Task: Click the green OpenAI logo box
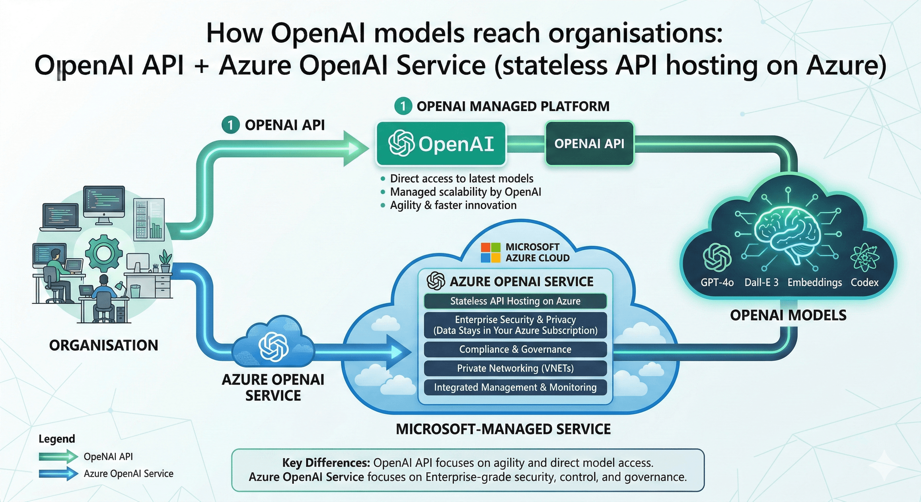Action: (441, 143)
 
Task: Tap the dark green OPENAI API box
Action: (589, 143)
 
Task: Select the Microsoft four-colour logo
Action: (490, 253)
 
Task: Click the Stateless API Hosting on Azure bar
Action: (515, 301)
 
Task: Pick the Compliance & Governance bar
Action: (515, 349)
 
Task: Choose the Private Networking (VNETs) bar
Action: (515, 368)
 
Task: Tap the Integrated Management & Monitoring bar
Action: (515, 387)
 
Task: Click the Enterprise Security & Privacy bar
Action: (515, 325)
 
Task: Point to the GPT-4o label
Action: (717, 282)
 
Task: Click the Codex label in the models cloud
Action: (864, 282)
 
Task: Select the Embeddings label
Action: (814, 282)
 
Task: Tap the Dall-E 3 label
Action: (761, 282)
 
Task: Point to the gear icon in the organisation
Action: (104, 253)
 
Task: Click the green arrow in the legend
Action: (58, 456)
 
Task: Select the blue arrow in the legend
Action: (58, 474)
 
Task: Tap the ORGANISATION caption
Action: (104, 345)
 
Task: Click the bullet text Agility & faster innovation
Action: (453, 205)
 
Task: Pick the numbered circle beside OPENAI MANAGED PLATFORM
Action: (403, 106)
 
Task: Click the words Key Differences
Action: (326, 463)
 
